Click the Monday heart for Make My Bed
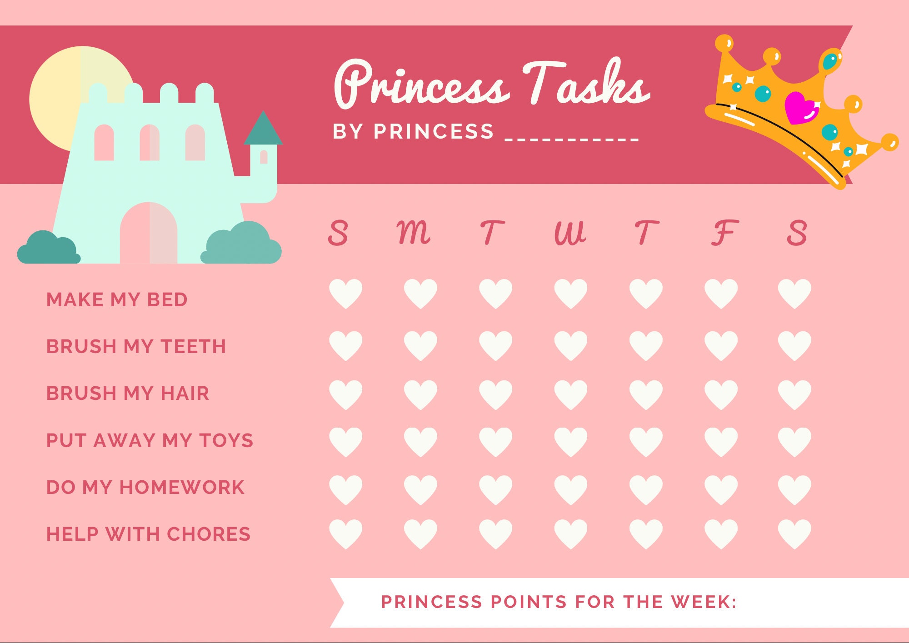(x=420, y=293)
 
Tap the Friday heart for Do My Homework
(x=721, y=489)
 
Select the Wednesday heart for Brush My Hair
(x=570, y=394)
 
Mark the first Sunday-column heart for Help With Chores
(x=345, y=533)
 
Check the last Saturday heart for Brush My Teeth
(x=794, y=345)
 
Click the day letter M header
(x=413, y=233)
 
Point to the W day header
(x=570, y=233)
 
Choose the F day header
(x=724, y=233)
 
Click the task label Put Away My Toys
(x=150, y=440)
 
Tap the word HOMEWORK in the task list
(x=182, y=487)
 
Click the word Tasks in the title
(x=586, y=84)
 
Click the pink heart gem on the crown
(x=801, y=108)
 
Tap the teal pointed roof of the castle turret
(x=263, y=130)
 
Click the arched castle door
(x=149, y=234)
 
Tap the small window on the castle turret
(x=264, y=157)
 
